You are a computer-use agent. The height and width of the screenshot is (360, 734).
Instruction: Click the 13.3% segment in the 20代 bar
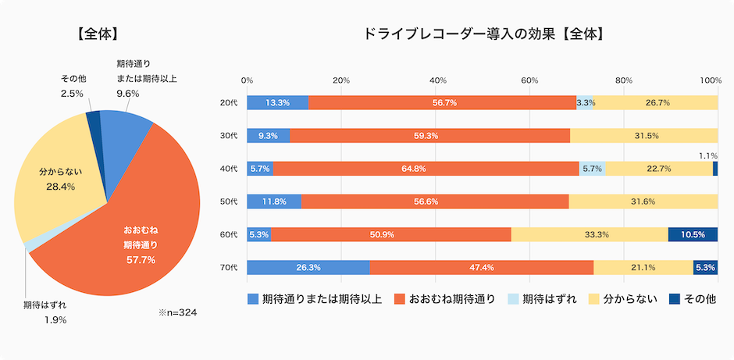[x=278, y=102]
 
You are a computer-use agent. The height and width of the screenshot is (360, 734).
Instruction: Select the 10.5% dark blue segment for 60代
[x=693, y=234]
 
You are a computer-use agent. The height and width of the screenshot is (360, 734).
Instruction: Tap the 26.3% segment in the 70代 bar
[x=308, y=268]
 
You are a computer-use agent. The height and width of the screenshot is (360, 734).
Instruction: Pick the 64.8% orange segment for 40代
[x=426, y=169]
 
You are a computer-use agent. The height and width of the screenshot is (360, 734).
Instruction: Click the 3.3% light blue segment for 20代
[x=585, y=102]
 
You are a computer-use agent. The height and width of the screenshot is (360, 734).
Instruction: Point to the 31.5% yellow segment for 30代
[x=644, y=135]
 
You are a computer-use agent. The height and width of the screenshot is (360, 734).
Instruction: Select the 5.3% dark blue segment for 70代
[x=705, y=268]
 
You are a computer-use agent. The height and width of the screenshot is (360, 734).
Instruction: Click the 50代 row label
[x=229, y=201]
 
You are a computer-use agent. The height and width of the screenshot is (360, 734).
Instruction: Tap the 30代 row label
[x=229, y=135]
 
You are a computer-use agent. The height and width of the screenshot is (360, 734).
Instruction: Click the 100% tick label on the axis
[x=711, y=80]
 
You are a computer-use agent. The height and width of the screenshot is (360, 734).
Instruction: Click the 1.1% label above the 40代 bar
[x=708, y=155]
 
